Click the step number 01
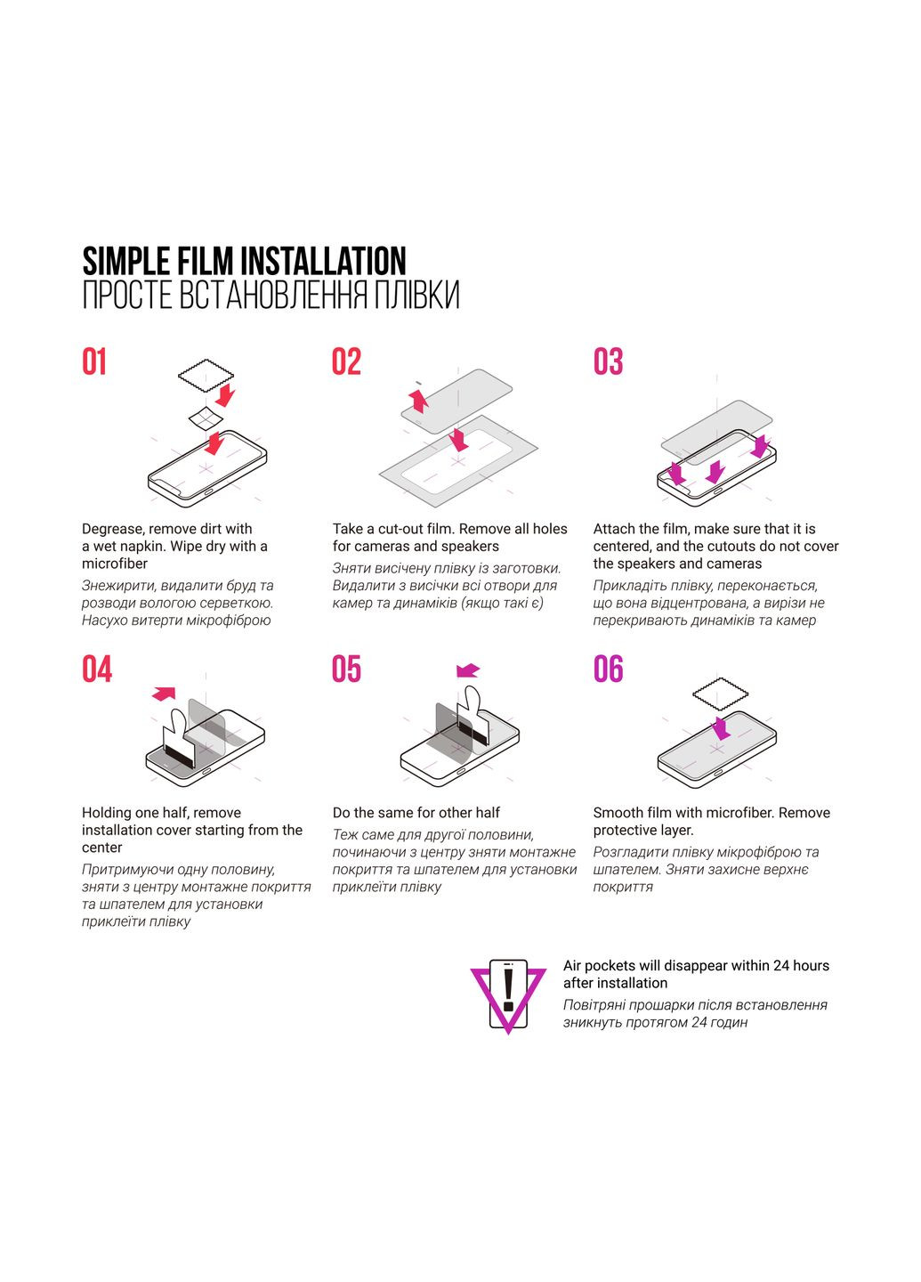coord(94,361)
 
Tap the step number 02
coord(347,361)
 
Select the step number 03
coord(608,361)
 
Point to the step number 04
coord(97,669)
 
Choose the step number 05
coord(347,669)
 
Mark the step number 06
coord(608,669)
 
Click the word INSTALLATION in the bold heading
coord(323,262)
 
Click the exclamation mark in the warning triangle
coord(508,987)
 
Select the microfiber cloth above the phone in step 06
coord(720,694)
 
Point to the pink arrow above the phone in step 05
coord(468,670)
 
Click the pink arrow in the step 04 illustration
coord(164,694)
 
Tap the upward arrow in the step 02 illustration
coord(419,401)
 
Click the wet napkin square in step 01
coord(206,418)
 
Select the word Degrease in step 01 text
coord(112,530)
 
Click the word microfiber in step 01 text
coord(115,564)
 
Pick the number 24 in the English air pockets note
coord(781,966)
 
